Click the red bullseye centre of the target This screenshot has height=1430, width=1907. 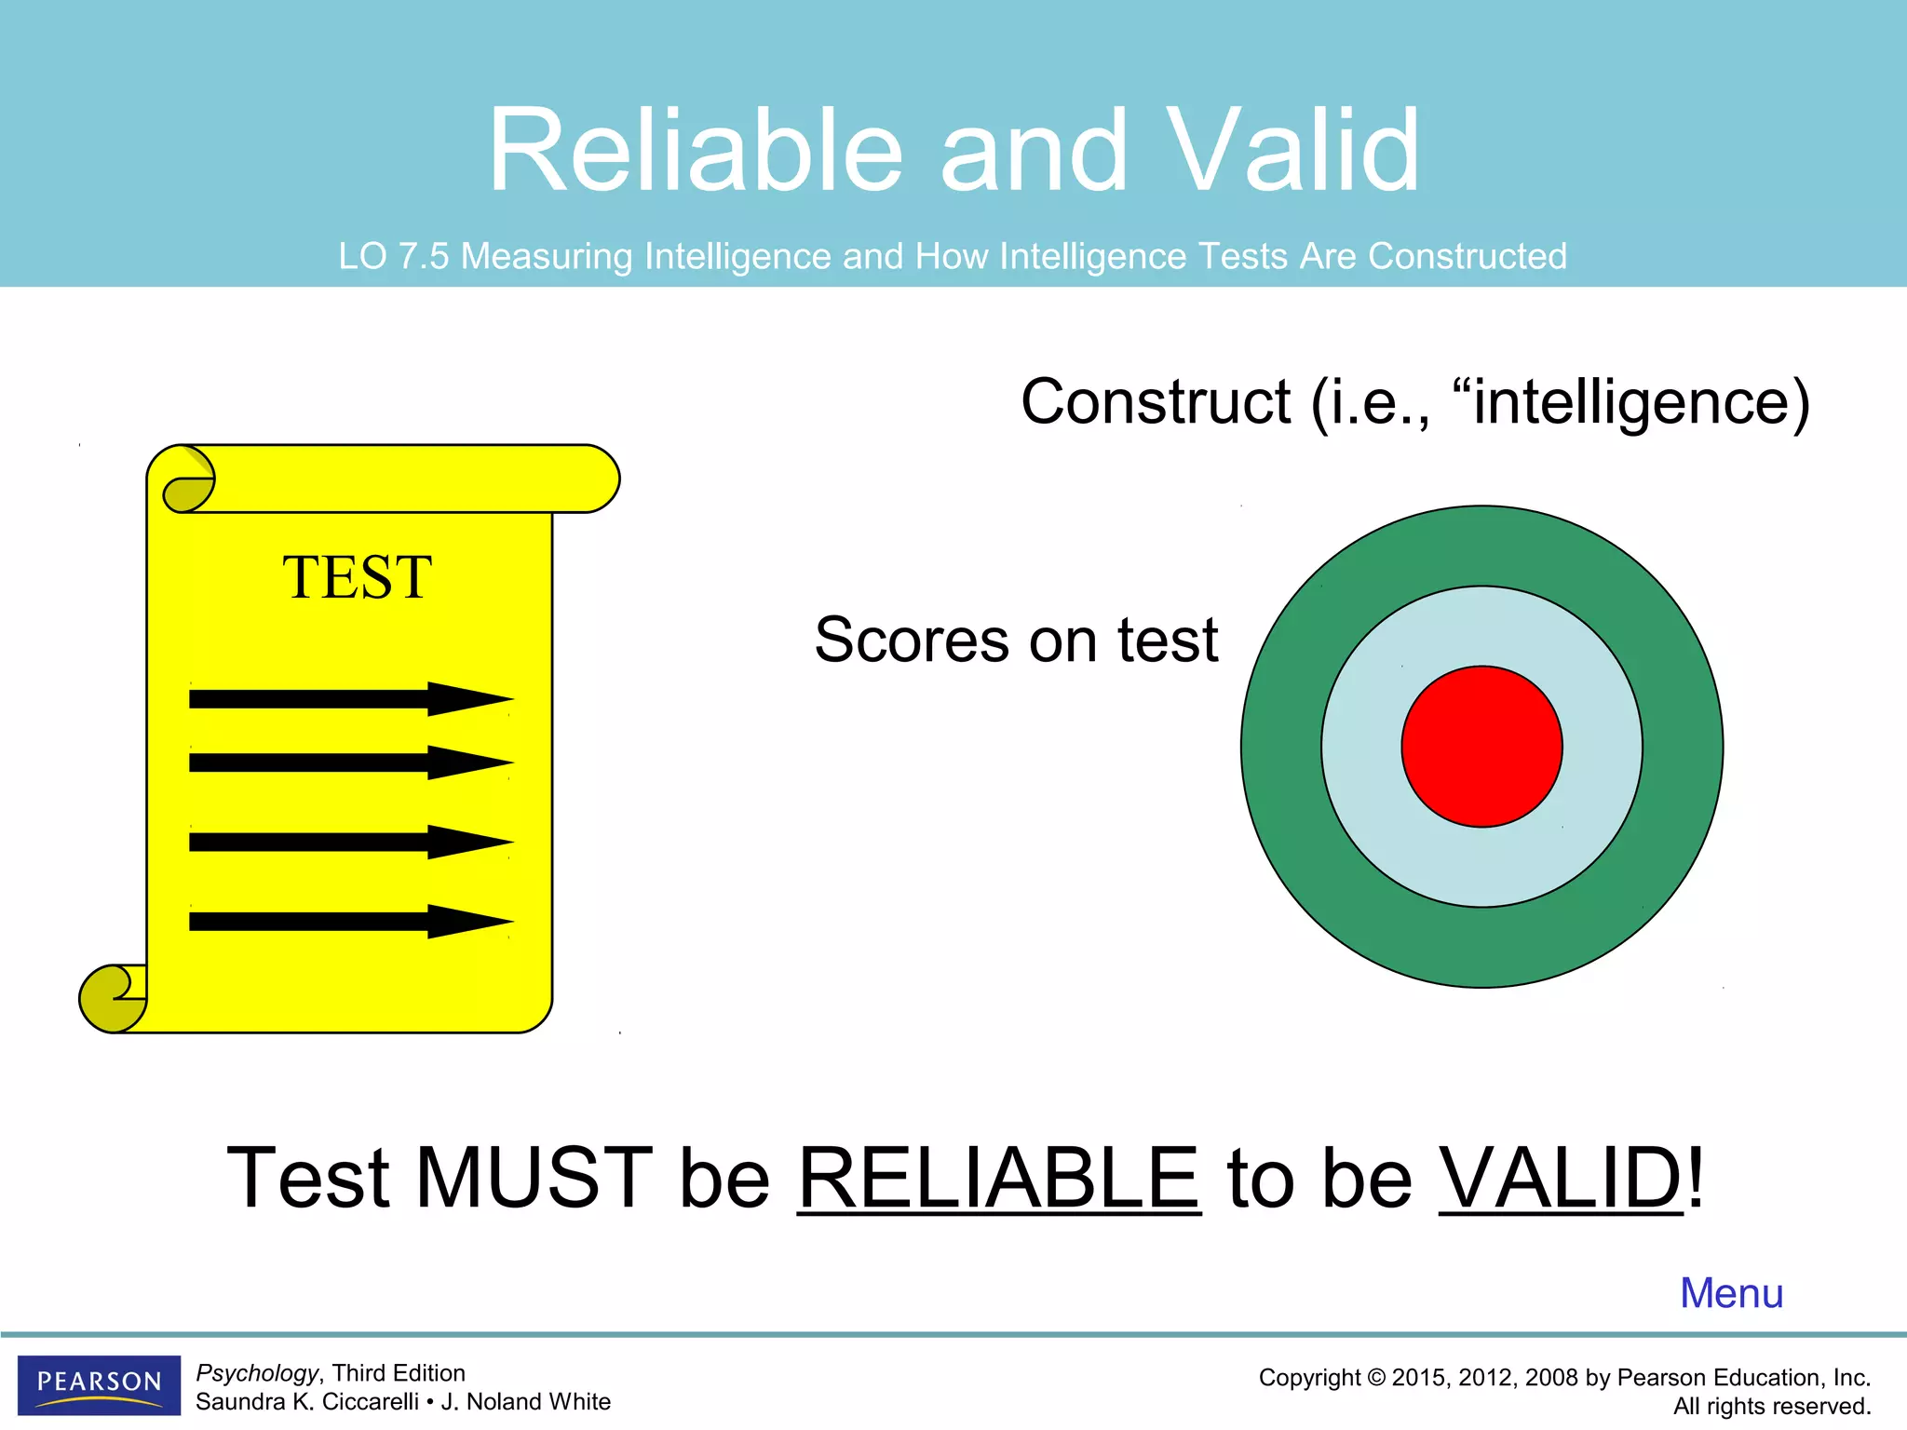click(1481, 746)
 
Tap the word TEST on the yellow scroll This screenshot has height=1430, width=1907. click(357, 577)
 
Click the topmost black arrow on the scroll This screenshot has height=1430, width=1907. click(350, 698)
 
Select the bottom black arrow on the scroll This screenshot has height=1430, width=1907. click(350, 922)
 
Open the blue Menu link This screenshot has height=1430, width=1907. click(1731, 1293)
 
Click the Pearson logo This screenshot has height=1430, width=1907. click(99, 1383)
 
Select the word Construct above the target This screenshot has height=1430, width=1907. click(1156, 402)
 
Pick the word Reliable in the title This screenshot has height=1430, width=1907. click(696, 151)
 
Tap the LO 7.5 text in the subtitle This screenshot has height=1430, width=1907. click(393, 256)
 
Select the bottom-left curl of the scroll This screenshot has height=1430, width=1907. click(110, 999)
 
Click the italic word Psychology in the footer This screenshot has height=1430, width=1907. click(257, 1373)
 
